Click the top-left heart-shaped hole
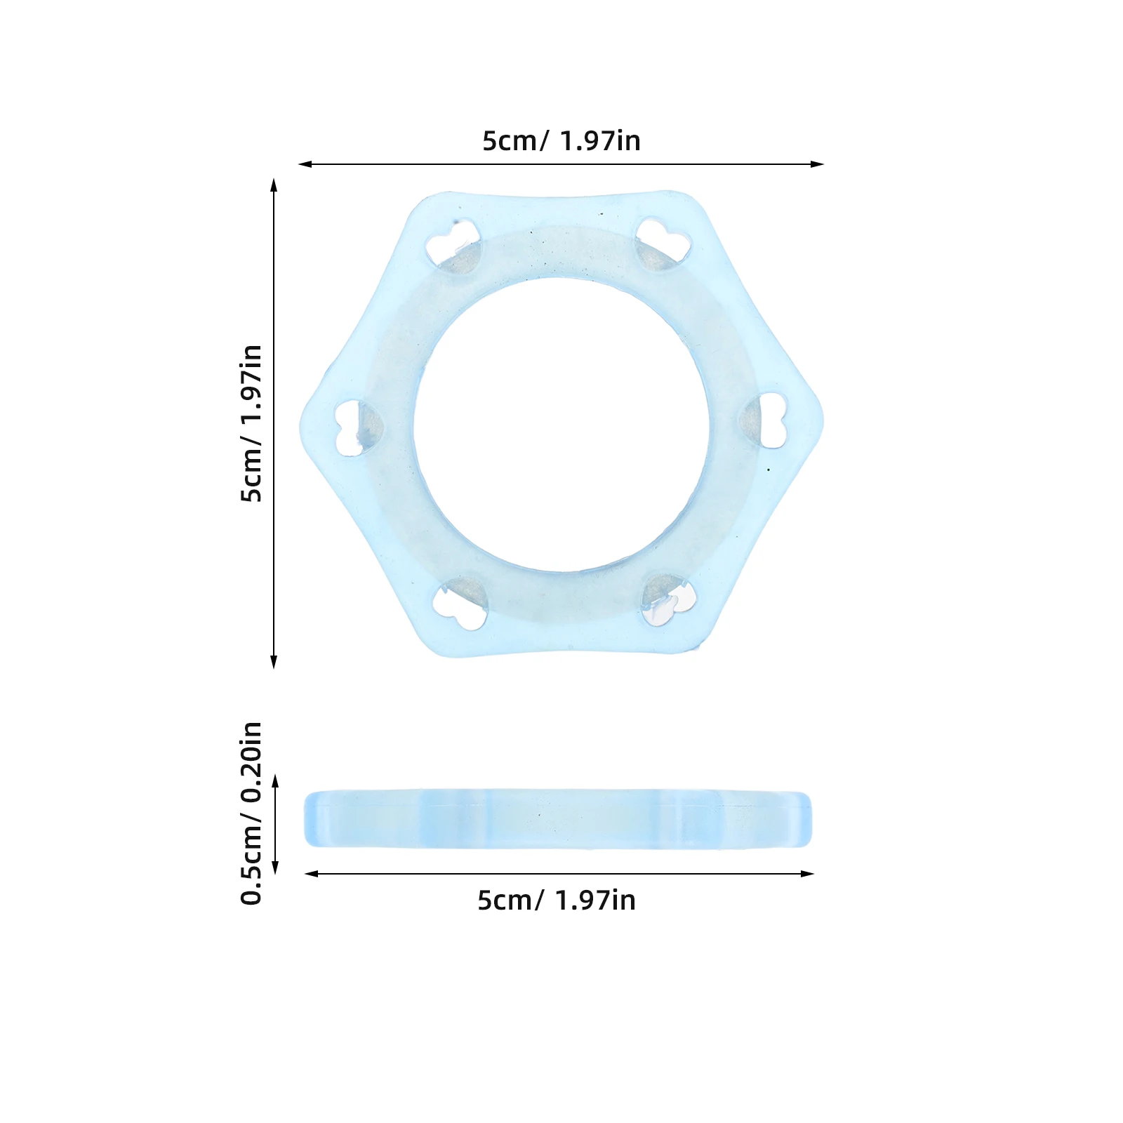click(x=453, y=245)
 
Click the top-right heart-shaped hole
click(x=663, y=243)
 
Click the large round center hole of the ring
click(x=561, y=425)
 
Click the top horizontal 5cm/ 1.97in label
click(x=561, y=141)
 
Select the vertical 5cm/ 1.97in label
click(x=251, y=423)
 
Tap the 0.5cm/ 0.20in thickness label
click(x=251, y=813)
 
